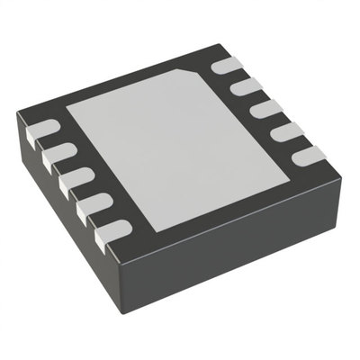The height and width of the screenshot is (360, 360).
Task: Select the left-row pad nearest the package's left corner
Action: click(44, 134)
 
